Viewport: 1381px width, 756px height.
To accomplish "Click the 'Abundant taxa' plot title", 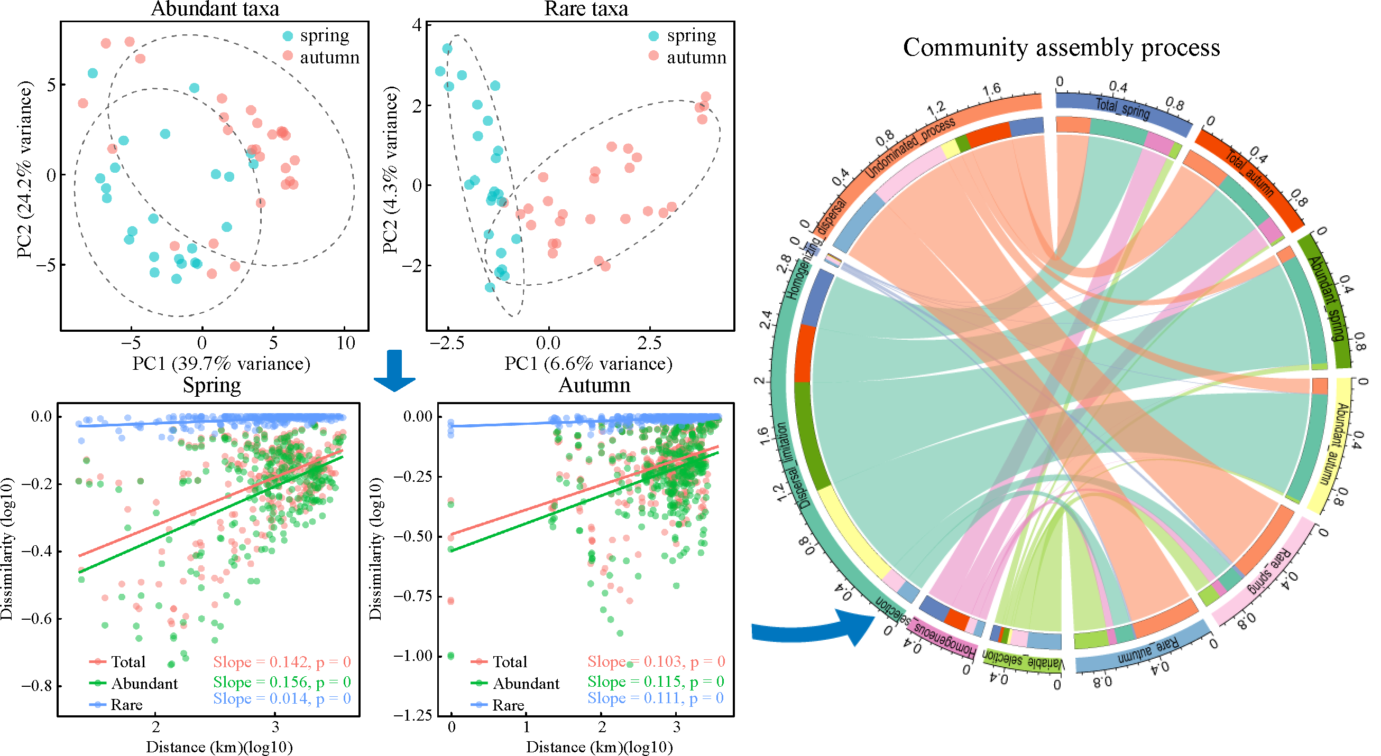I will tap(215, 8).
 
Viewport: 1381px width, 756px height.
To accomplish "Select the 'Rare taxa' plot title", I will tap(585, 8).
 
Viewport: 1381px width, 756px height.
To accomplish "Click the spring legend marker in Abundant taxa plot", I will tap(288, 36).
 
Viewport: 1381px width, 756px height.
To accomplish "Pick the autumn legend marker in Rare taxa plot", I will tap(653, 55).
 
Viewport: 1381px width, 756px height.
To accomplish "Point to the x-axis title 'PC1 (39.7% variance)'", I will tap(221, 363).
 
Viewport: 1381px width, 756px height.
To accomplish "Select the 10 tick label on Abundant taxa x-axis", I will tap(346, 343).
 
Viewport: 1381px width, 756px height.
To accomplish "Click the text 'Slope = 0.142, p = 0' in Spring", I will tap(282, 662).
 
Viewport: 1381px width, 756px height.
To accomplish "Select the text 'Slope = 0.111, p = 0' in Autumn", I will tap(655, 697).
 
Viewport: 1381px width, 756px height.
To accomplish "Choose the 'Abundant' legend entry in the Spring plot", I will tap(144, 683).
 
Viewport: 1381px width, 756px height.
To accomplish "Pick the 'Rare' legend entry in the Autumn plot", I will tap(508, 705).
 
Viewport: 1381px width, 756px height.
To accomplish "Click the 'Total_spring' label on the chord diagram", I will tap(1121, 108).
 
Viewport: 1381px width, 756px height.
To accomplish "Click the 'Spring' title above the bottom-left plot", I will tap(212, 385).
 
